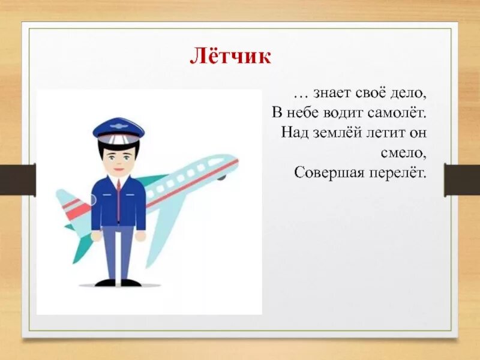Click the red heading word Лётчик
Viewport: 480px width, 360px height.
pyautogui.click(x=231, y=56)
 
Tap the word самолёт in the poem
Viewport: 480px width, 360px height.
pyautogui.click(x=400, y=113)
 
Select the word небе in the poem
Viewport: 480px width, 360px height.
pyautogui.click(x=305, y=113)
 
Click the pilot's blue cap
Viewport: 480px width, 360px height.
pyautogui.click(x=118, y=128)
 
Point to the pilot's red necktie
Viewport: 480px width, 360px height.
pyautogui.click(x=118, y=198)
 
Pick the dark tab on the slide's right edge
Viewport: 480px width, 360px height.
pyautogui.click(x=461, y=180)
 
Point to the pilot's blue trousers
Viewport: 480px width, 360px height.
pyautogui.click(x=118, y=249)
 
